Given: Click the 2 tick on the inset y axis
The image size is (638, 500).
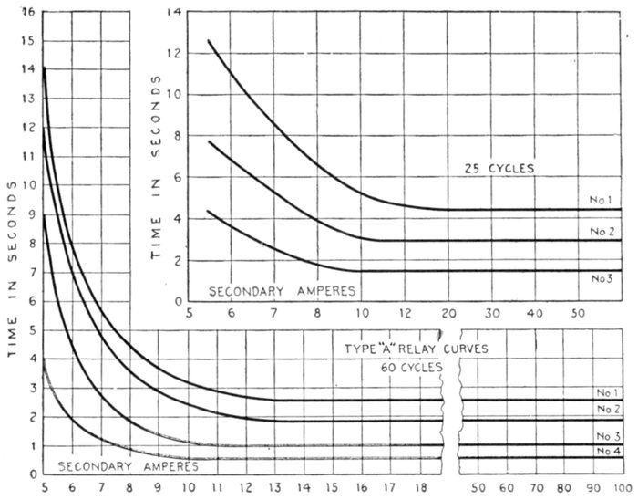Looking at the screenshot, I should point(180,260).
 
